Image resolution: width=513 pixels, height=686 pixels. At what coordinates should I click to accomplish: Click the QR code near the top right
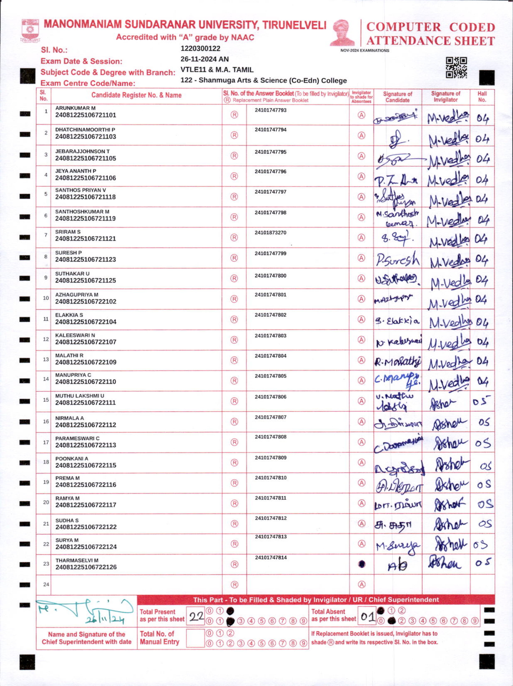456,68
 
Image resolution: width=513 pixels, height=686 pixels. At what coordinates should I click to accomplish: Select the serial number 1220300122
200,48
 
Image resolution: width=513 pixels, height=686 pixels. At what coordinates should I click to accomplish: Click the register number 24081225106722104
86,322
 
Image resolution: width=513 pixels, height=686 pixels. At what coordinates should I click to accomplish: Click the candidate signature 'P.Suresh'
398,260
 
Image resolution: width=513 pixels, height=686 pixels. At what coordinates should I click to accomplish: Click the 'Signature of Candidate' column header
397,97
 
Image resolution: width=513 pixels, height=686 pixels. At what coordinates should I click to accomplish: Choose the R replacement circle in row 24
235,585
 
